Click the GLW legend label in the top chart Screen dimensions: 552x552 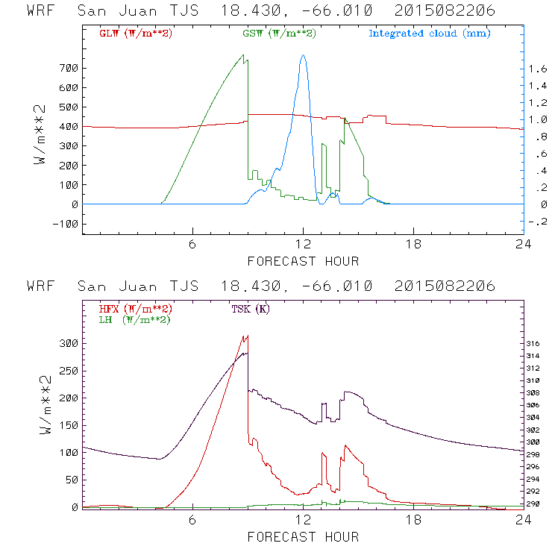coord(136,34)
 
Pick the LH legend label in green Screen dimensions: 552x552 coord(134,319)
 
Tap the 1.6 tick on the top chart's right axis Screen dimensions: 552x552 coord(536,68)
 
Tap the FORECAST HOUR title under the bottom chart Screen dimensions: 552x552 coord(303,537)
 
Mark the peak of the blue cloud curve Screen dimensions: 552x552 coord(303,55)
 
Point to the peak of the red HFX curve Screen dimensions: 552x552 coord(246,336)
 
